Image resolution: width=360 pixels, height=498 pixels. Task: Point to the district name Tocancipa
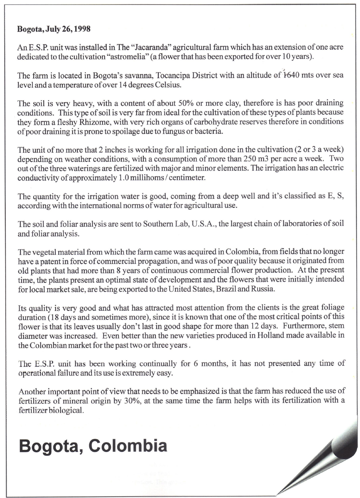tap(171, 75)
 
